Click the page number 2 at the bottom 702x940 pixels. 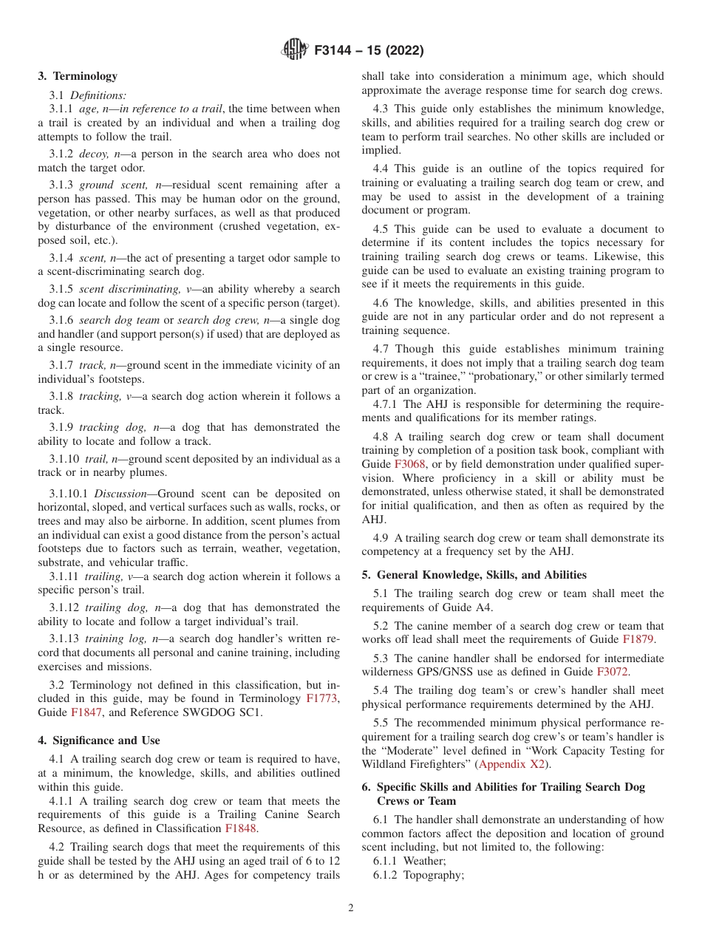tap(351, 908)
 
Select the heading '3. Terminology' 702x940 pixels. tap(78, 76)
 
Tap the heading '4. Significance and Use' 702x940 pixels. tap(99, 740)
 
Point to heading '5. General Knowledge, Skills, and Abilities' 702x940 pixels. tap(474, 575)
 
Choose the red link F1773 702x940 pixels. tap(322, 698)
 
